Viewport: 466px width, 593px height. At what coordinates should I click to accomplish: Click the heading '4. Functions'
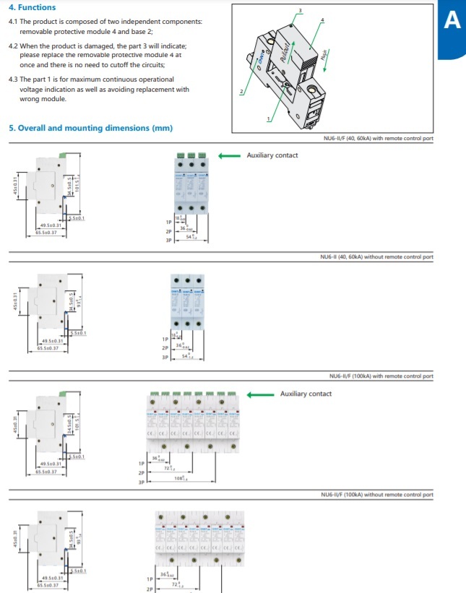click(x=32, y=7)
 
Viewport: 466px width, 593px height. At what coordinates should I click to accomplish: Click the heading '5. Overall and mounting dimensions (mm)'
click(x=90, y=128)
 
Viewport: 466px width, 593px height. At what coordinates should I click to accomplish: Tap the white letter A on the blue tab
click(x=452, y=21)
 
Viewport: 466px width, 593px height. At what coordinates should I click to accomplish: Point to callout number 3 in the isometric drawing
click(x=301, y=9)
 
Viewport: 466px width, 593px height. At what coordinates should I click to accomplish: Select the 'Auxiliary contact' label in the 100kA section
click(x=306, y=394)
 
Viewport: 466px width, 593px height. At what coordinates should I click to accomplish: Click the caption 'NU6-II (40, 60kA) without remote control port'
click(x=376, y=256)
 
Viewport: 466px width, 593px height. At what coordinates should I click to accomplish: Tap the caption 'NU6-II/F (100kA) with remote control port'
click(x=381, y=376)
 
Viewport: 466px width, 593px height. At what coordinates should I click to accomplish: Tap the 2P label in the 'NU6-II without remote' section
click(x=165, y=347)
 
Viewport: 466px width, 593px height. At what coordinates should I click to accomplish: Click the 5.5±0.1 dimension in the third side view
click(x=77, y=456)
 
